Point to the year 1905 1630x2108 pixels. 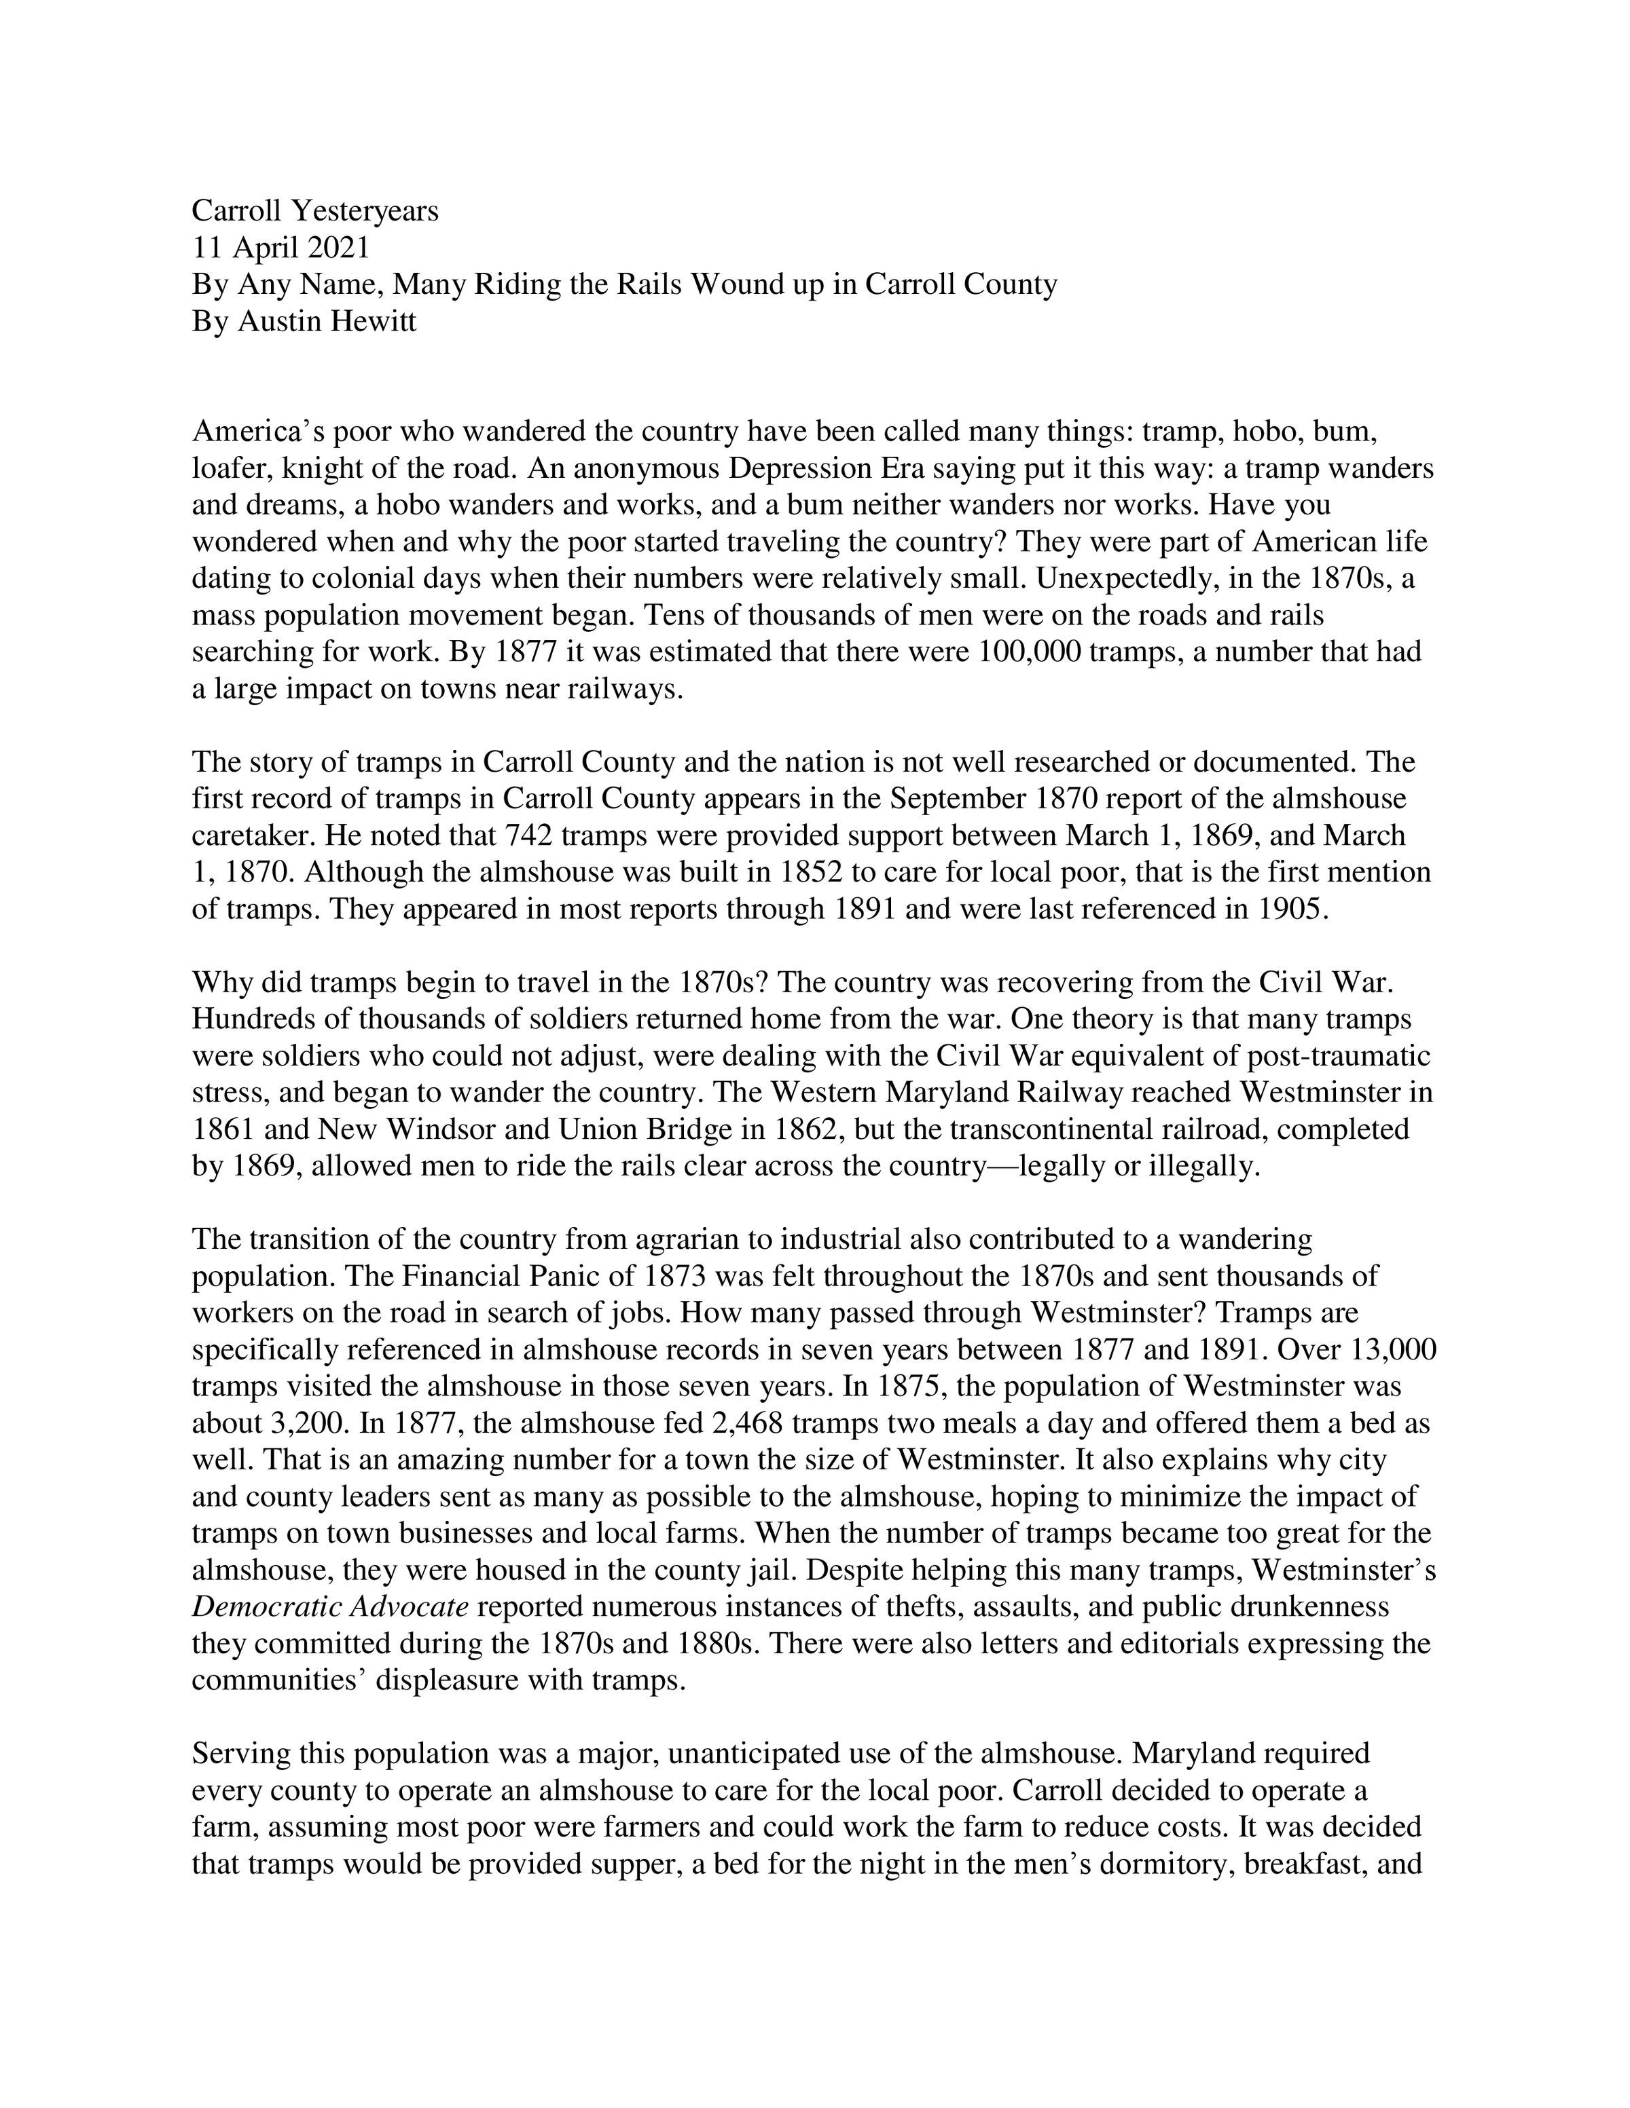[1292, 909]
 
